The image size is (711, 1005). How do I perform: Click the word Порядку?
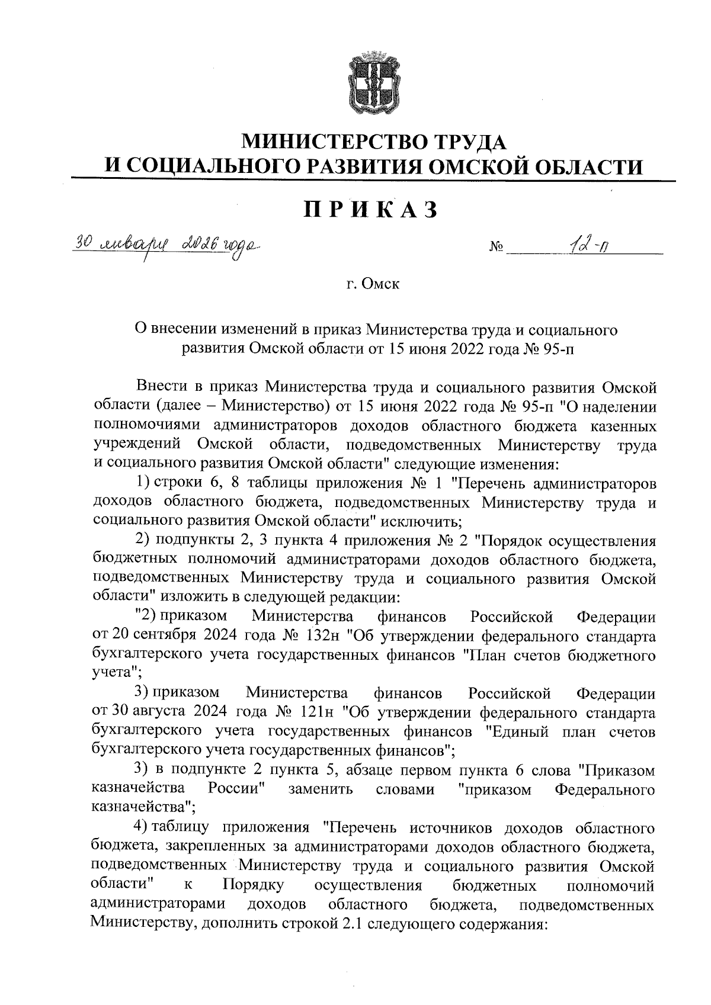[x=254, y=886]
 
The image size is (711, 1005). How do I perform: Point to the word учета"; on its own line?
[x=117, y=675]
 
